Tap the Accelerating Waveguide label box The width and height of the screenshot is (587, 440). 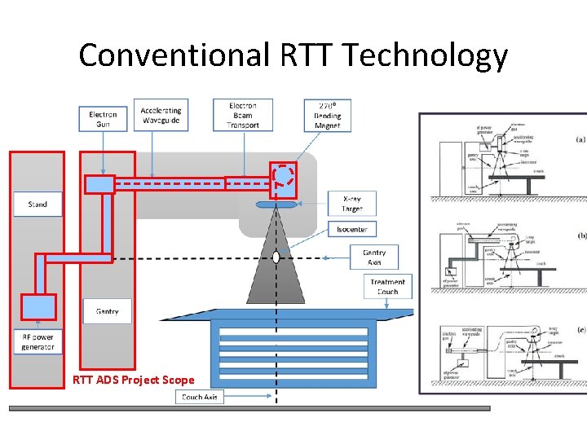(x=161, y=114)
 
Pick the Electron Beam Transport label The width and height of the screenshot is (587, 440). (x=242, y=115)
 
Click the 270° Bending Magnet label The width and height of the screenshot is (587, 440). (x=327, y=115)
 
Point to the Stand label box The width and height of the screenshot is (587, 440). (x=38, y=204)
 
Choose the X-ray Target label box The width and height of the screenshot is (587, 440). (x=353, y=203)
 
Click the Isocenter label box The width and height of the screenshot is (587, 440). (x=352, y=229)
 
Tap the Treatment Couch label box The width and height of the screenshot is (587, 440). (x=387, y=286)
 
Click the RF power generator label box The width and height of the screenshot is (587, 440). (x=38, y=341)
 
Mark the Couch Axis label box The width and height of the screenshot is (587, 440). (x=199, y=397)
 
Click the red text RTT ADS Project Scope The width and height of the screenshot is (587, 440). (x=134, y=380)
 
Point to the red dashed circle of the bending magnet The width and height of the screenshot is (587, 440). (x=284, y=175)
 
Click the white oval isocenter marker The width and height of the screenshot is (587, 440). (x=276, y=257)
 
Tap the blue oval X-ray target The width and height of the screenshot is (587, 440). (x=276, y=204)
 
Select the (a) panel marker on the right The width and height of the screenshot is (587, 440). (x=580, y=139)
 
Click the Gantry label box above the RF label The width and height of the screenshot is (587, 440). (x=107, y=310)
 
